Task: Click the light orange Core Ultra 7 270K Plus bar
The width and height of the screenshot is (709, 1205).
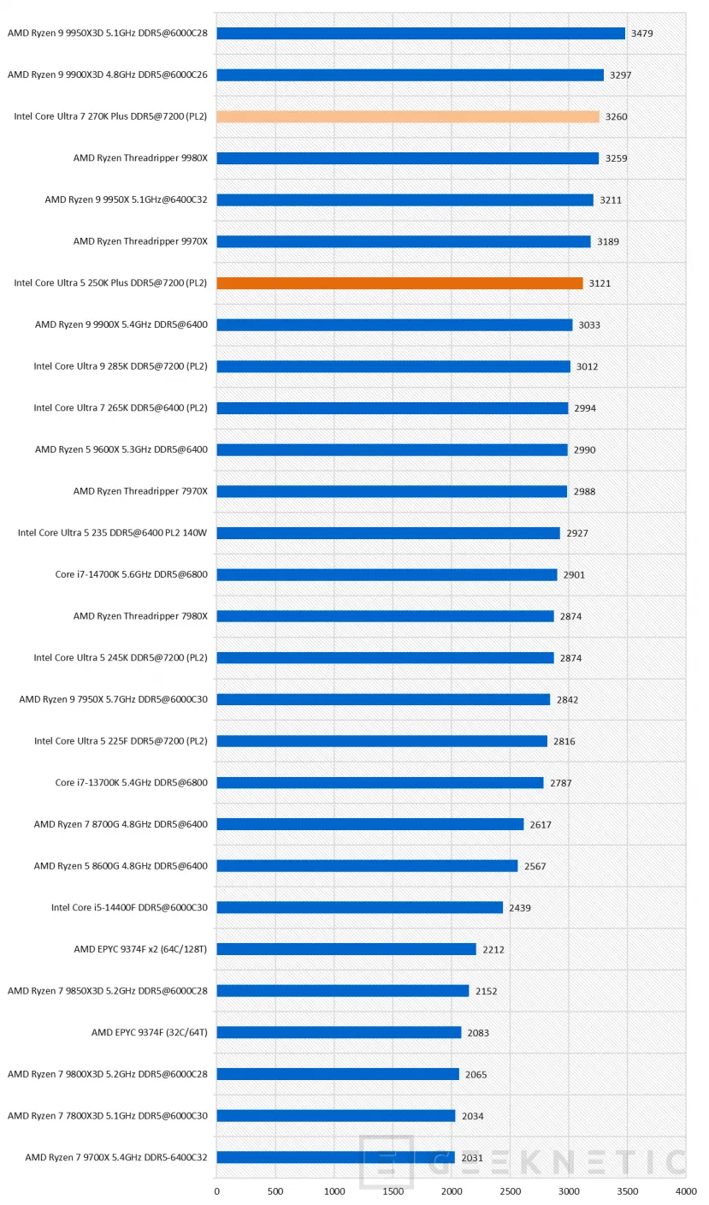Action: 407,116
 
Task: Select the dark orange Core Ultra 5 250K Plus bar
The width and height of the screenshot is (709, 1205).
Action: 399,283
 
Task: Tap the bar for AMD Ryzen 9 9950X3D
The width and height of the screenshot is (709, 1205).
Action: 421,33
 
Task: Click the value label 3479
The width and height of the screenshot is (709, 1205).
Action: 642,33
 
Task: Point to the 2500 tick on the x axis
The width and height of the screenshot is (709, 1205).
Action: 511,1190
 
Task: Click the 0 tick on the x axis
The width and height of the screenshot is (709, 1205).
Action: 216,1190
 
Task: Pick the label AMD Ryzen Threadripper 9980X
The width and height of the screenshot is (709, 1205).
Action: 140,158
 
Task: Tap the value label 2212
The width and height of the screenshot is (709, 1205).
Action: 494,949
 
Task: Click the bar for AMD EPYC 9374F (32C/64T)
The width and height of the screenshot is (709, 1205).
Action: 339,1033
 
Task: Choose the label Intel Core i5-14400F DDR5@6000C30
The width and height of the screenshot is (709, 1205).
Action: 129,907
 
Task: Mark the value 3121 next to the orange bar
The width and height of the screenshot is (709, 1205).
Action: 600,283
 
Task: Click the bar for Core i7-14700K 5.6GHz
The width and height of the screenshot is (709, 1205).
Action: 387,575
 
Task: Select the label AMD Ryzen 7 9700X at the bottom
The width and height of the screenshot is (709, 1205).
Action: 116,1158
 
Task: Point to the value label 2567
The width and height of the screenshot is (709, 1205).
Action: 535,866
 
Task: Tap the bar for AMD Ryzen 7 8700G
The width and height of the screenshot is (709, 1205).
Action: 369,824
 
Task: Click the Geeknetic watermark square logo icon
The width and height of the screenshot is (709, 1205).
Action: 387,1161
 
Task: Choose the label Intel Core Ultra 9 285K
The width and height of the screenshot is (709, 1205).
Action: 121,366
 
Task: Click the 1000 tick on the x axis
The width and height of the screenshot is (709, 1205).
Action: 334,1190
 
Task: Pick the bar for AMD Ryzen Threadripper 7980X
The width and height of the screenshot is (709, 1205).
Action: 385,616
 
